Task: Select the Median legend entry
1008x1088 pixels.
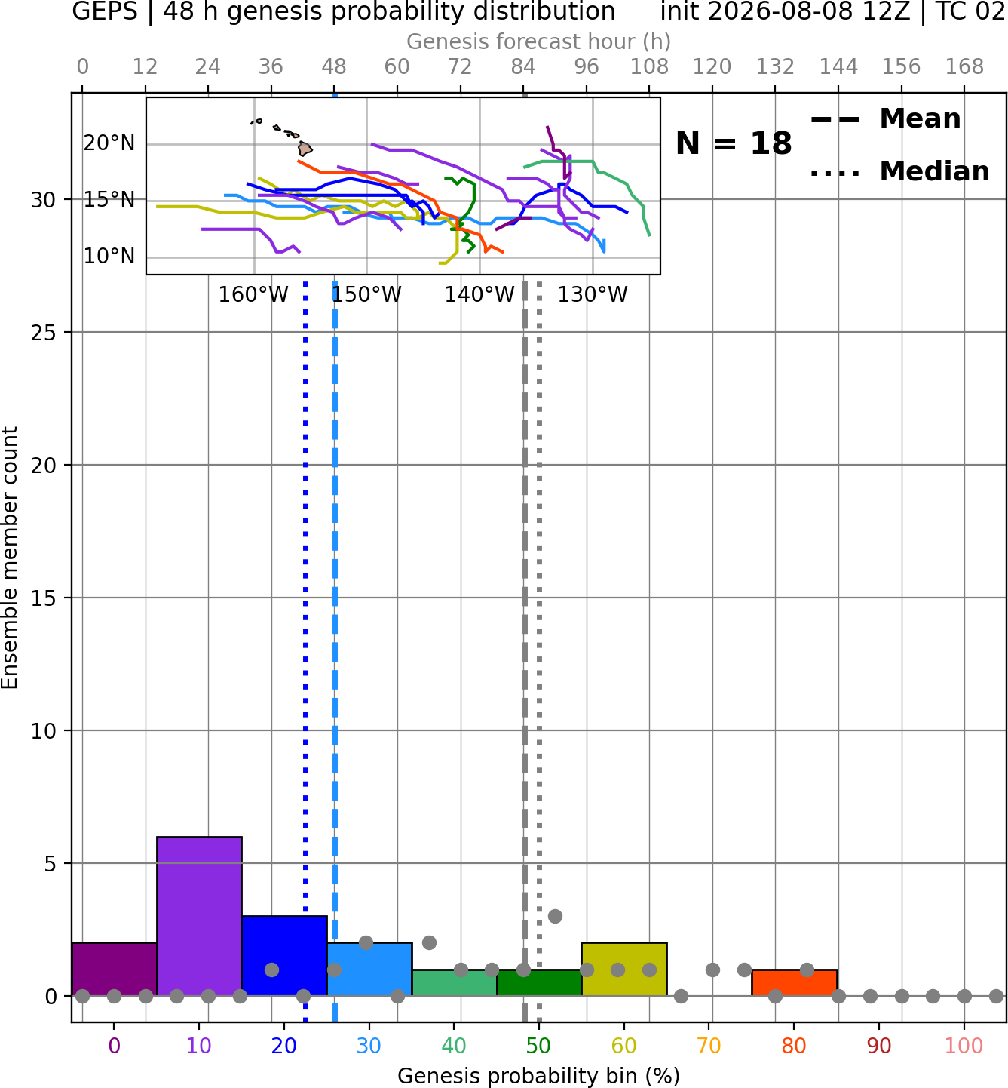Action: [x=900, y=171]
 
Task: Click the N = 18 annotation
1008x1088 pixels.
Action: [x=734, y=143]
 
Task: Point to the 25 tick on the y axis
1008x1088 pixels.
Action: [x=44, y=333]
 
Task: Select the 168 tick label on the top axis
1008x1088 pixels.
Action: [x=964, y=67]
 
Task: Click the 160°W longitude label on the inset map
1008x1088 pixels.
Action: [x=253, y=295]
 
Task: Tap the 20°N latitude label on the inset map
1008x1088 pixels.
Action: [x=109, y=143]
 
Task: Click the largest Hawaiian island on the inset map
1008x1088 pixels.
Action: [x=305, y=149]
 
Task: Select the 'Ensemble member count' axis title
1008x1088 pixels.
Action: [x=10, y=558]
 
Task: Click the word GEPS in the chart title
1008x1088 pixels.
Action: [x=105, y=11]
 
